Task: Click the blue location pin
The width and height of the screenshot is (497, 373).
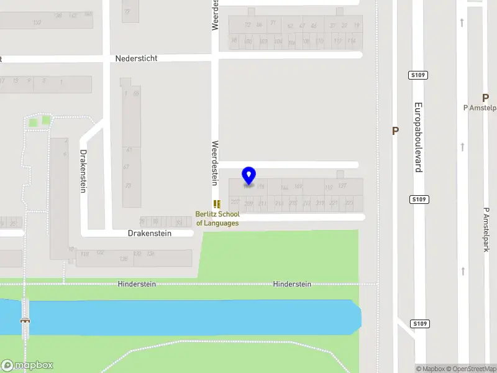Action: [x=248, y=176]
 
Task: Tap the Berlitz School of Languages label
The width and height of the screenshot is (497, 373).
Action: [x=217, y=219]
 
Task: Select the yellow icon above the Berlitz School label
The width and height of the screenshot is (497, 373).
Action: [x=217, y=204]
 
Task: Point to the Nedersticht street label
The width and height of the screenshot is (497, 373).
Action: [x=136, y=58]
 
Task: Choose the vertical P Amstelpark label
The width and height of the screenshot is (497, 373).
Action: [x=486, y=229]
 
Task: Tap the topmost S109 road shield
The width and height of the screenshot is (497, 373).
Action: [x=418, y=75]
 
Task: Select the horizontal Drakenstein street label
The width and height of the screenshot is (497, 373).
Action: [x=150, y=233]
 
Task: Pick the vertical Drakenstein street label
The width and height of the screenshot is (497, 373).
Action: [x=83, y=171]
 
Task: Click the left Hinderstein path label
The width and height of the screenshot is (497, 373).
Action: [x=137, y=284]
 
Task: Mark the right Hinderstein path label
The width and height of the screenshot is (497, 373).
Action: [x=292, y=284]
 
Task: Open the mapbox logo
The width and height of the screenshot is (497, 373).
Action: [x=27, y=366]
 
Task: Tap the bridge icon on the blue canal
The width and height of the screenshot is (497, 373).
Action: [x=25, y=321]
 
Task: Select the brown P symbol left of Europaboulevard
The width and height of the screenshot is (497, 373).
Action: [x=394, y=131]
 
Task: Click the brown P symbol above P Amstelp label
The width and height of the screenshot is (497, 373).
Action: [x=485, y=98]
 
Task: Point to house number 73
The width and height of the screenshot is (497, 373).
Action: [x=127, y=185]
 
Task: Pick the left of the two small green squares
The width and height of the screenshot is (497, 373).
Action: [x=33, y=122]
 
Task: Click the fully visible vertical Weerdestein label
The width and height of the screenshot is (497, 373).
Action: [x=215, y=162]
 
